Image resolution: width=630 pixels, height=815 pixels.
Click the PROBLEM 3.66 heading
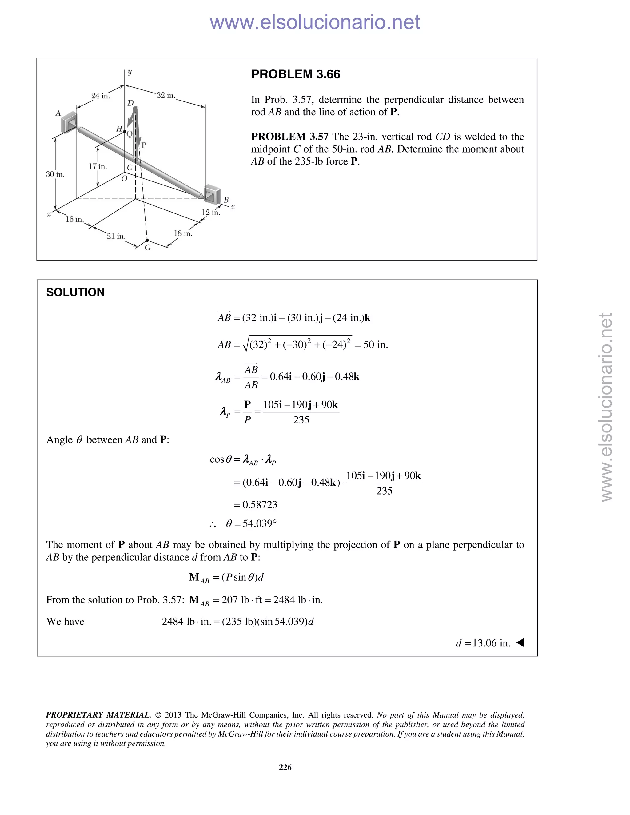coord(296,74)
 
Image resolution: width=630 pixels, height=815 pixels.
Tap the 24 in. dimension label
coord(100,96)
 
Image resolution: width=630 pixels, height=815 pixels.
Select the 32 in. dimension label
coord(166,96)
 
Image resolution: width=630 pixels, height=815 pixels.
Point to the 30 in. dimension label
coord(55,174)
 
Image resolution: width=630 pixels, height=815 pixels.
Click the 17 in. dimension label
coord(98,166)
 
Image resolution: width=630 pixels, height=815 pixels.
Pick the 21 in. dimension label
coord(116,236)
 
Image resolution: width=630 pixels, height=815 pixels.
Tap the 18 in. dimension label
coord(183,234)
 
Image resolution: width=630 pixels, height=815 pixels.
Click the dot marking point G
coord(147,240)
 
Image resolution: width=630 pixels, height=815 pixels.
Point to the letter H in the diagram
coord(119,129)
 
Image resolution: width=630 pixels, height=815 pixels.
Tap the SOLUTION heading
coord(75,292)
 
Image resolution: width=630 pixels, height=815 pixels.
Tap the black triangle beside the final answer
coord(520,642)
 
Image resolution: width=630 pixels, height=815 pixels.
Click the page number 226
coord(285,767)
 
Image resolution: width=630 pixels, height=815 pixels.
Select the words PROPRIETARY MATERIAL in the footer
coord(98,715)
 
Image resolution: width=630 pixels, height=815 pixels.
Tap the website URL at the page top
coord(315,22)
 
